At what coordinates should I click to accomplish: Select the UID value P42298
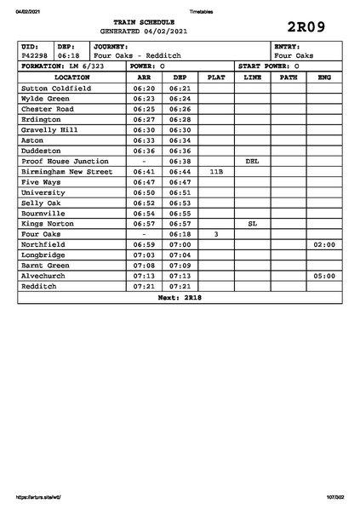(x=34, y=55)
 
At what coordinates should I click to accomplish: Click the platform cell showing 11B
(x=216, y=171)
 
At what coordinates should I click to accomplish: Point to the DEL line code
(x=252, y=161)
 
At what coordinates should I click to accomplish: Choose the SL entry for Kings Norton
(x=252, y=223)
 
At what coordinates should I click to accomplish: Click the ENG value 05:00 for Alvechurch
(x=323, y=276)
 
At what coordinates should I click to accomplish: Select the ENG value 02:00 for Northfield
(x=323, y=244)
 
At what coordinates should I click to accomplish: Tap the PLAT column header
(x=216, y=77)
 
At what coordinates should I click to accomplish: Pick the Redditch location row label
(x=41, y=286)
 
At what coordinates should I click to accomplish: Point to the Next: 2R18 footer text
(x=180, y=297)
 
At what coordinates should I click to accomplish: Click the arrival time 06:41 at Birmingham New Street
(x=144, y=171)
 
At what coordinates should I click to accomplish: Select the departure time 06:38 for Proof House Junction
(x=180, y=161)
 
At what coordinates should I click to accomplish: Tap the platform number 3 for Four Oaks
(x=216, y=233)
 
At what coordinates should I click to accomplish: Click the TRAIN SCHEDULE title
(x=143, y=22)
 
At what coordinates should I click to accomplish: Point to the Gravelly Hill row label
(x=49, y=129)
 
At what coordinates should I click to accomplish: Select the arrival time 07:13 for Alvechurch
(x=144, y=276)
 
